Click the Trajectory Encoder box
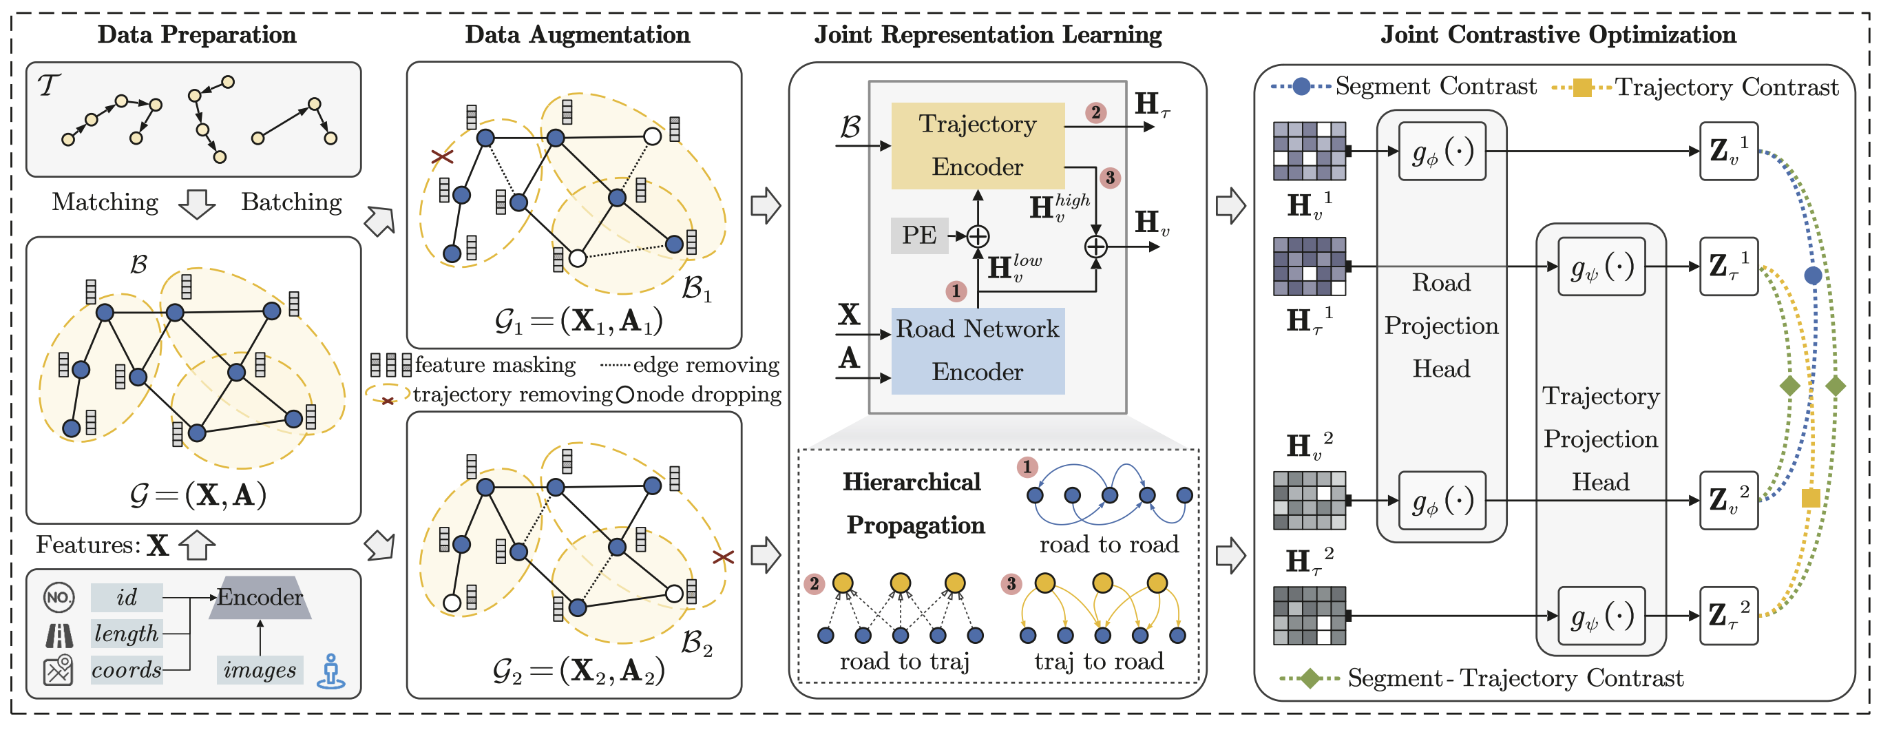click(x=977, y=145)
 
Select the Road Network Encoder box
click(x=977, y=351)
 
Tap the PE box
click(x=918, y=236)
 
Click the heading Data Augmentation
click(x=577, y=34)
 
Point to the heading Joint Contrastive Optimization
click(x=1557, y=34)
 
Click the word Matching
click(x=105, y=202)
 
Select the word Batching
click(x=291, y=202)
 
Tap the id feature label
click(x=126, y=598)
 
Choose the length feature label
click(x=126, y=634)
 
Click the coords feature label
click(x=126, y=669)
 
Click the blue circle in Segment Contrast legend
click(x=1301, y=86)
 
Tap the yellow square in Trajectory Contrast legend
click(x=1581, y=87)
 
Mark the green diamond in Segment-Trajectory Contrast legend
click(x=1310, y=678)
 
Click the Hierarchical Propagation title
click(x=913, y=503)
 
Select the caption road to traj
click(x=904, y=661)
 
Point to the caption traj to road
click(x=1098, y=661)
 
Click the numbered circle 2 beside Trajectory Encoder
click(x=1095, y=112)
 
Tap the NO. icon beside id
click(x=59, y=598)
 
